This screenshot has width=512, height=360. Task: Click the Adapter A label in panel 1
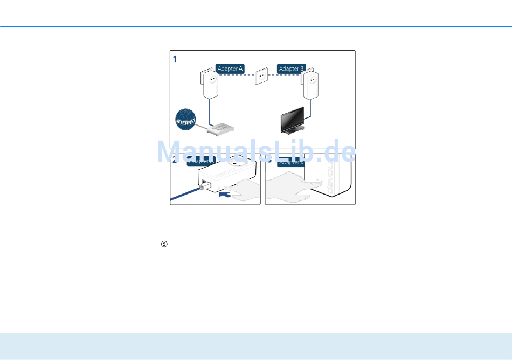click(x=230, y=68)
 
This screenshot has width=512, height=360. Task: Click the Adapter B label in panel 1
click(x=291, y=68)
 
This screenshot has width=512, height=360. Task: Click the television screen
click(x=290, y=119)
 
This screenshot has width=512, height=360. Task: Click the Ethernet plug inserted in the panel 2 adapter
click(x=204, y=185)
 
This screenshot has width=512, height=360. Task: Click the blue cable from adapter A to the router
click(x=209, y=113)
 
